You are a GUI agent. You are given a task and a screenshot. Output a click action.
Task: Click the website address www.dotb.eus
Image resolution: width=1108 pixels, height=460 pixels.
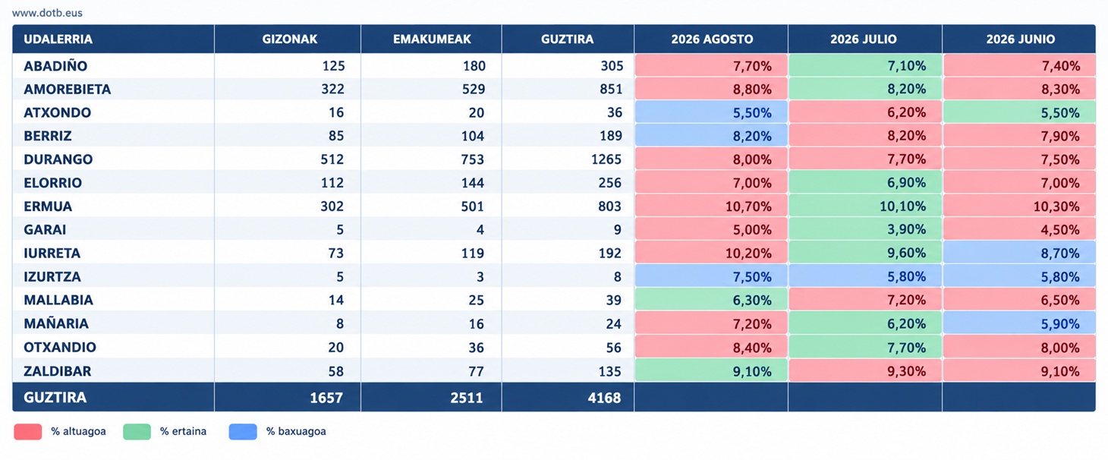[x=47, y=13]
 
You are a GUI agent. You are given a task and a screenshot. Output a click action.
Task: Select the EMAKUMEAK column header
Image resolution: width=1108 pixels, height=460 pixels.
[x=432, y=39]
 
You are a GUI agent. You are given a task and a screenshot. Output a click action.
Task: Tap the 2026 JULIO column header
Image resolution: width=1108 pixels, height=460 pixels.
[x=863, y=39]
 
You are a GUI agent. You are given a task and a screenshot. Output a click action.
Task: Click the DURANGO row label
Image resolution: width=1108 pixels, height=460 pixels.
[x=58, y=159]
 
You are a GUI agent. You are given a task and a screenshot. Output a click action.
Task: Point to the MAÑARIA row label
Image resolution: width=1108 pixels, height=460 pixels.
[x=56, y=323]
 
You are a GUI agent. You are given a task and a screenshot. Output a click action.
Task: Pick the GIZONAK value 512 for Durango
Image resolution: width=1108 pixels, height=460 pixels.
[x=332, y=159]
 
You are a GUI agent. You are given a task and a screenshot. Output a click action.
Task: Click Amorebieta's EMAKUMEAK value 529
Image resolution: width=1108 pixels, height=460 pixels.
[x=472, y=89]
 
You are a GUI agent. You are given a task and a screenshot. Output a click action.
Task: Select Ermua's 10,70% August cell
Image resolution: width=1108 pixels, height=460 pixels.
[x=711, y=206]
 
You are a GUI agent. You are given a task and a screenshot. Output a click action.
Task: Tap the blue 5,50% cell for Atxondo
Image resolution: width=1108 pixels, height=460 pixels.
[x=711, y=112]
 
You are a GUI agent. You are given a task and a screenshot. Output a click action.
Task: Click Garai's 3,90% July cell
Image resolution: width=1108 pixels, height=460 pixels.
[x=865, y=229]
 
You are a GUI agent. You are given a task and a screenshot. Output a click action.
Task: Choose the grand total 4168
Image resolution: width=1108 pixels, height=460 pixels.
[x=604, y=398]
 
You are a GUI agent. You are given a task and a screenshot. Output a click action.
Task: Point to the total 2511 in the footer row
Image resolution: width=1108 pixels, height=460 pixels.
[x=467, y=398]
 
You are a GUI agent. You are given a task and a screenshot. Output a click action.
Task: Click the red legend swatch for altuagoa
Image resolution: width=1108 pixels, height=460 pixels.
[x=27, y=432]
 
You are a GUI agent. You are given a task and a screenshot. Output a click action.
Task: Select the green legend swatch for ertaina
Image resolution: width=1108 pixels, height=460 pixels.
[x=137, y=432]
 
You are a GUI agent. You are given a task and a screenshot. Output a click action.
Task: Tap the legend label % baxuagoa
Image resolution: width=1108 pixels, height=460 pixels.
[x=296, y=431]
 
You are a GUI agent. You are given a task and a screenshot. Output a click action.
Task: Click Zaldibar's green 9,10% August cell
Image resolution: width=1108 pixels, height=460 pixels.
[x=711, y=370]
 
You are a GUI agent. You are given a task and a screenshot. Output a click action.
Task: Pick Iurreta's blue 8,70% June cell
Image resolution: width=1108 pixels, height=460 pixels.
[x=1019, y=253]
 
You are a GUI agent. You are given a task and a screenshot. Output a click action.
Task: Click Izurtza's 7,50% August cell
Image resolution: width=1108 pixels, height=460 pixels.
[x=711, y=276]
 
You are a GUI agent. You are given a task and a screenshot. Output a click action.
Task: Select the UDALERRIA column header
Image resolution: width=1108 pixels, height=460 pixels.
[x=58, y=39]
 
